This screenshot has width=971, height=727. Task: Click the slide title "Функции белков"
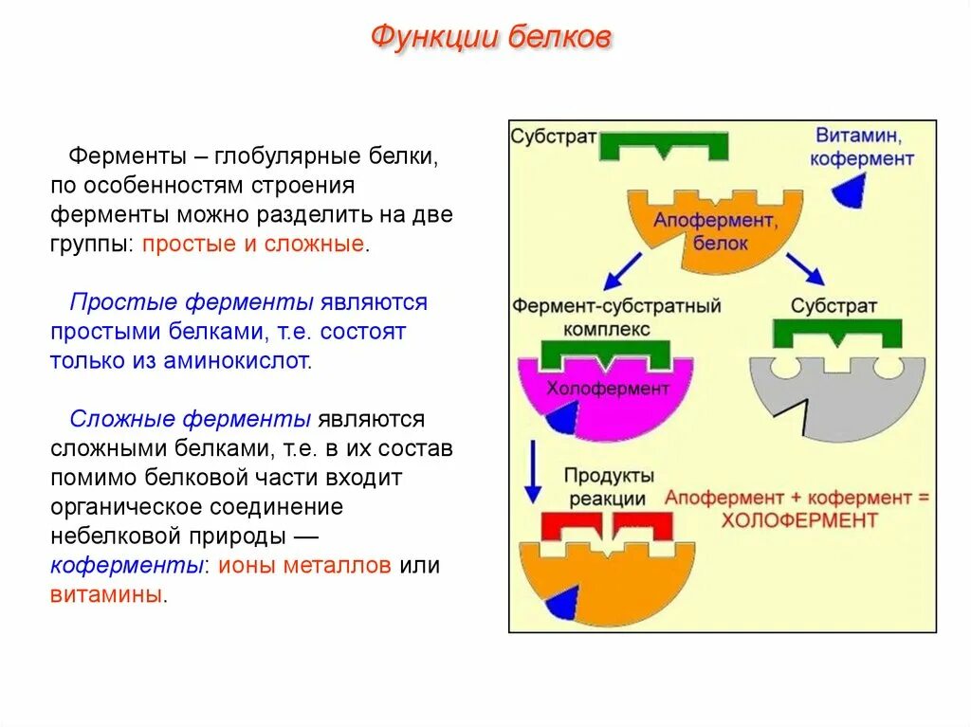point(489,38)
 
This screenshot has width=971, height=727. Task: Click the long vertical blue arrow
point(533,470)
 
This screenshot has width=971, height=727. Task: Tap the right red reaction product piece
point(643,525)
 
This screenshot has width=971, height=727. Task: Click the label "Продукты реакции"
point(609,486)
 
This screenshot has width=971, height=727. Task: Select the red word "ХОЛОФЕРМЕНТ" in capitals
point(799,520)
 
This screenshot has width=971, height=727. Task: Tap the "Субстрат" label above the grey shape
point(834,307)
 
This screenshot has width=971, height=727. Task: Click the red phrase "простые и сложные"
point(253,244)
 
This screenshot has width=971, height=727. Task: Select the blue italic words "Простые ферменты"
point(192,302)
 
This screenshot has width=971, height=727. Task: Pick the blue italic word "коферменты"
point(127,566)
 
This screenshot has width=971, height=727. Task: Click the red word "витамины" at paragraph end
point(107,595)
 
